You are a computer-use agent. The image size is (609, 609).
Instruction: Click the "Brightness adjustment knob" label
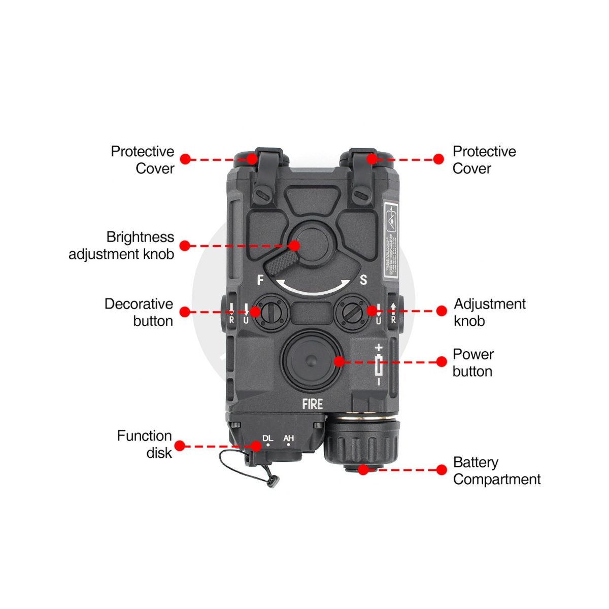pos(121,246)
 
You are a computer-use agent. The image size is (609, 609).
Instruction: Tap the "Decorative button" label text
pos(139,312)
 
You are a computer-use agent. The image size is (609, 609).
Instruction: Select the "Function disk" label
pos(145,444)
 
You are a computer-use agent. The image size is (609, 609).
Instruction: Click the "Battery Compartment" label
pos(496,470)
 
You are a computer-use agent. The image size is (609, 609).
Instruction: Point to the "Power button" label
pos(472,362)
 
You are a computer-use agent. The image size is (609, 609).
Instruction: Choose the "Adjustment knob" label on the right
pos(489,312)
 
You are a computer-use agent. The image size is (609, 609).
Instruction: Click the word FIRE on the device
pos(312,404)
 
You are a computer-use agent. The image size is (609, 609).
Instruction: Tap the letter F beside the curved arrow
pos(260,280)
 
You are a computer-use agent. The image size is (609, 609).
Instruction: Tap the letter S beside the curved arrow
pos(363,280)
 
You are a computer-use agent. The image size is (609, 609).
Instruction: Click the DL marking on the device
pos(267,438)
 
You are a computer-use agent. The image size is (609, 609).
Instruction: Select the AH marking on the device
pos(288,438)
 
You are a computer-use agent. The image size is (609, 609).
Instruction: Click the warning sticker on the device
pos(390,239)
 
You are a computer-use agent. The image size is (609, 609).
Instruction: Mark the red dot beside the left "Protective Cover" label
pos(185,159)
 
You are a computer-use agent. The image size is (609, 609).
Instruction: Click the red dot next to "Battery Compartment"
pos(442,470)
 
